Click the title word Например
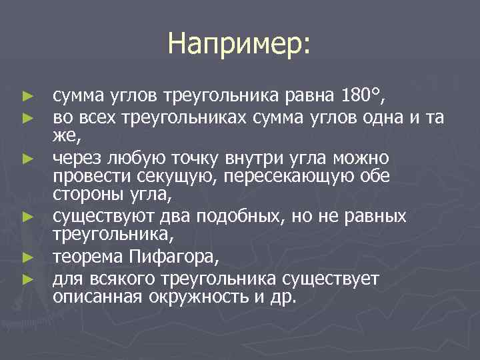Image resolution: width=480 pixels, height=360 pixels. tap(239, 44)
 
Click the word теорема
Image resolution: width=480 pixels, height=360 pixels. tap(87, 257)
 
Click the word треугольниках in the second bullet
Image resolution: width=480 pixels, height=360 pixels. tap(182, 119)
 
